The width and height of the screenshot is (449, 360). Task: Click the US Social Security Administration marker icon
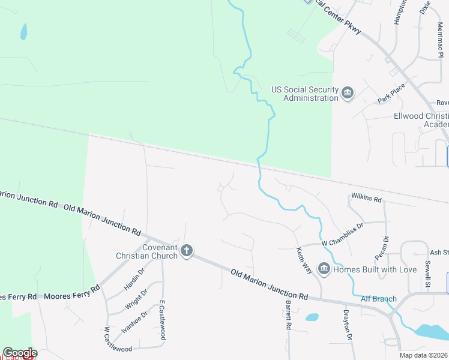point(347,94)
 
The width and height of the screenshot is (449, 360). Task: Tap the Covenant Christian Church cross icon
point(187,250)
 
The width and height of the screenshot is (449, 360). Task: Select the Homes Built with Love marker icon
point(324,269)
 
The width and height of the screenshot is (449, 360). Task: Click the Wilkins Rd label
point(366,198)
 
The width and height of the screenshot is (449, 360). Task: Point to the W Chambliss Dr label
point(343,227)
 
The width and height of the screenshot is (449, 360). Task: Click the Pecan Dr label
point(385,247)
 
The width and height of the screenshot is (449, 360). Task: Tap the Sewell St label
point(427,273)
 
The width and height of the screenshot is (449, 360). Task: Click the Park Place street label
point(391,93)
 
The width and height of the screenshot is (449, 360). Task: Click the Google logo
point(20,353)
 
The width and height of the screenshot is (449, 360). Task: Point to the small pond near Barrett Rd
point(312,317)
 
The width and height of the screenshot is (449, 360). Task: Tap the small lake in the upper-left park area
point(23,31)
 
